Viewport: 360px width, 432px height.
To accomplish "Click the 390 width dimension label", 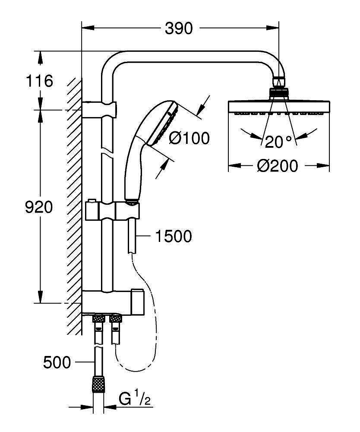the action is (x=179, y=28).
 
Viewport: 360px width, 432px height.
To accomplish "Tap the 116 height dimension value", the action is (x=39, y=81).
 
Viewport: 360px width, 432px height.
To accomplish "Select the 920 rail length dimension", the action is (x=39, y=207).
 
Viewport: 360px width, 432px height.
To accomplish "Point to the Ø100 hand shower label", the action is (x=189, y=138).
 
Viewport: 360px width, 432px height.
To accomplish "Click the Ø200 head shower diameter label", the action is (x=278, y=166).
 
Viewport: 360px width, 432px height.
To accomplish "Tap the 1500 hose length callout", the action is (x=174, y=236).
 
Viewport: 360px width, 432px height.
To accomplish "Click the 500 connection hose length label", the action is (x=57, y=362).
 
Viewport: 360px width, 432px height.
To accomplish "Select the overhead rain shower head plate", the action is (x=279, y=108).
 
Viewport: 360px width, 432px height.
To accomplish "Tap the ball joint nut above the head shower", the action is (x=279, y=92).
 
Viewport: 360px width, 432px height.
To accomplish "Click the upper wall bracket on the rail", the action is (x=99, y=110).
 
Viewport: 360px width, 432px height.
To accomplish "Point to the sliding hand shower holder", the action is (x=113, y=211).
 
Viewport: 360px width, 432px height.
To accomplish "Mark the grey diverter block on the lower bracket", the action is (x=137, y=302).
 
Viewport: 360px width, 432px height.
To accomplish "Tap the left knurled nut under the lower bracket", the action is (x=98, y=319).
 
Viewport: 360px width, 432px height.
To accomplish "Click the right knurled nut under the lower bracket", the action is (x=116, y=319).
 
